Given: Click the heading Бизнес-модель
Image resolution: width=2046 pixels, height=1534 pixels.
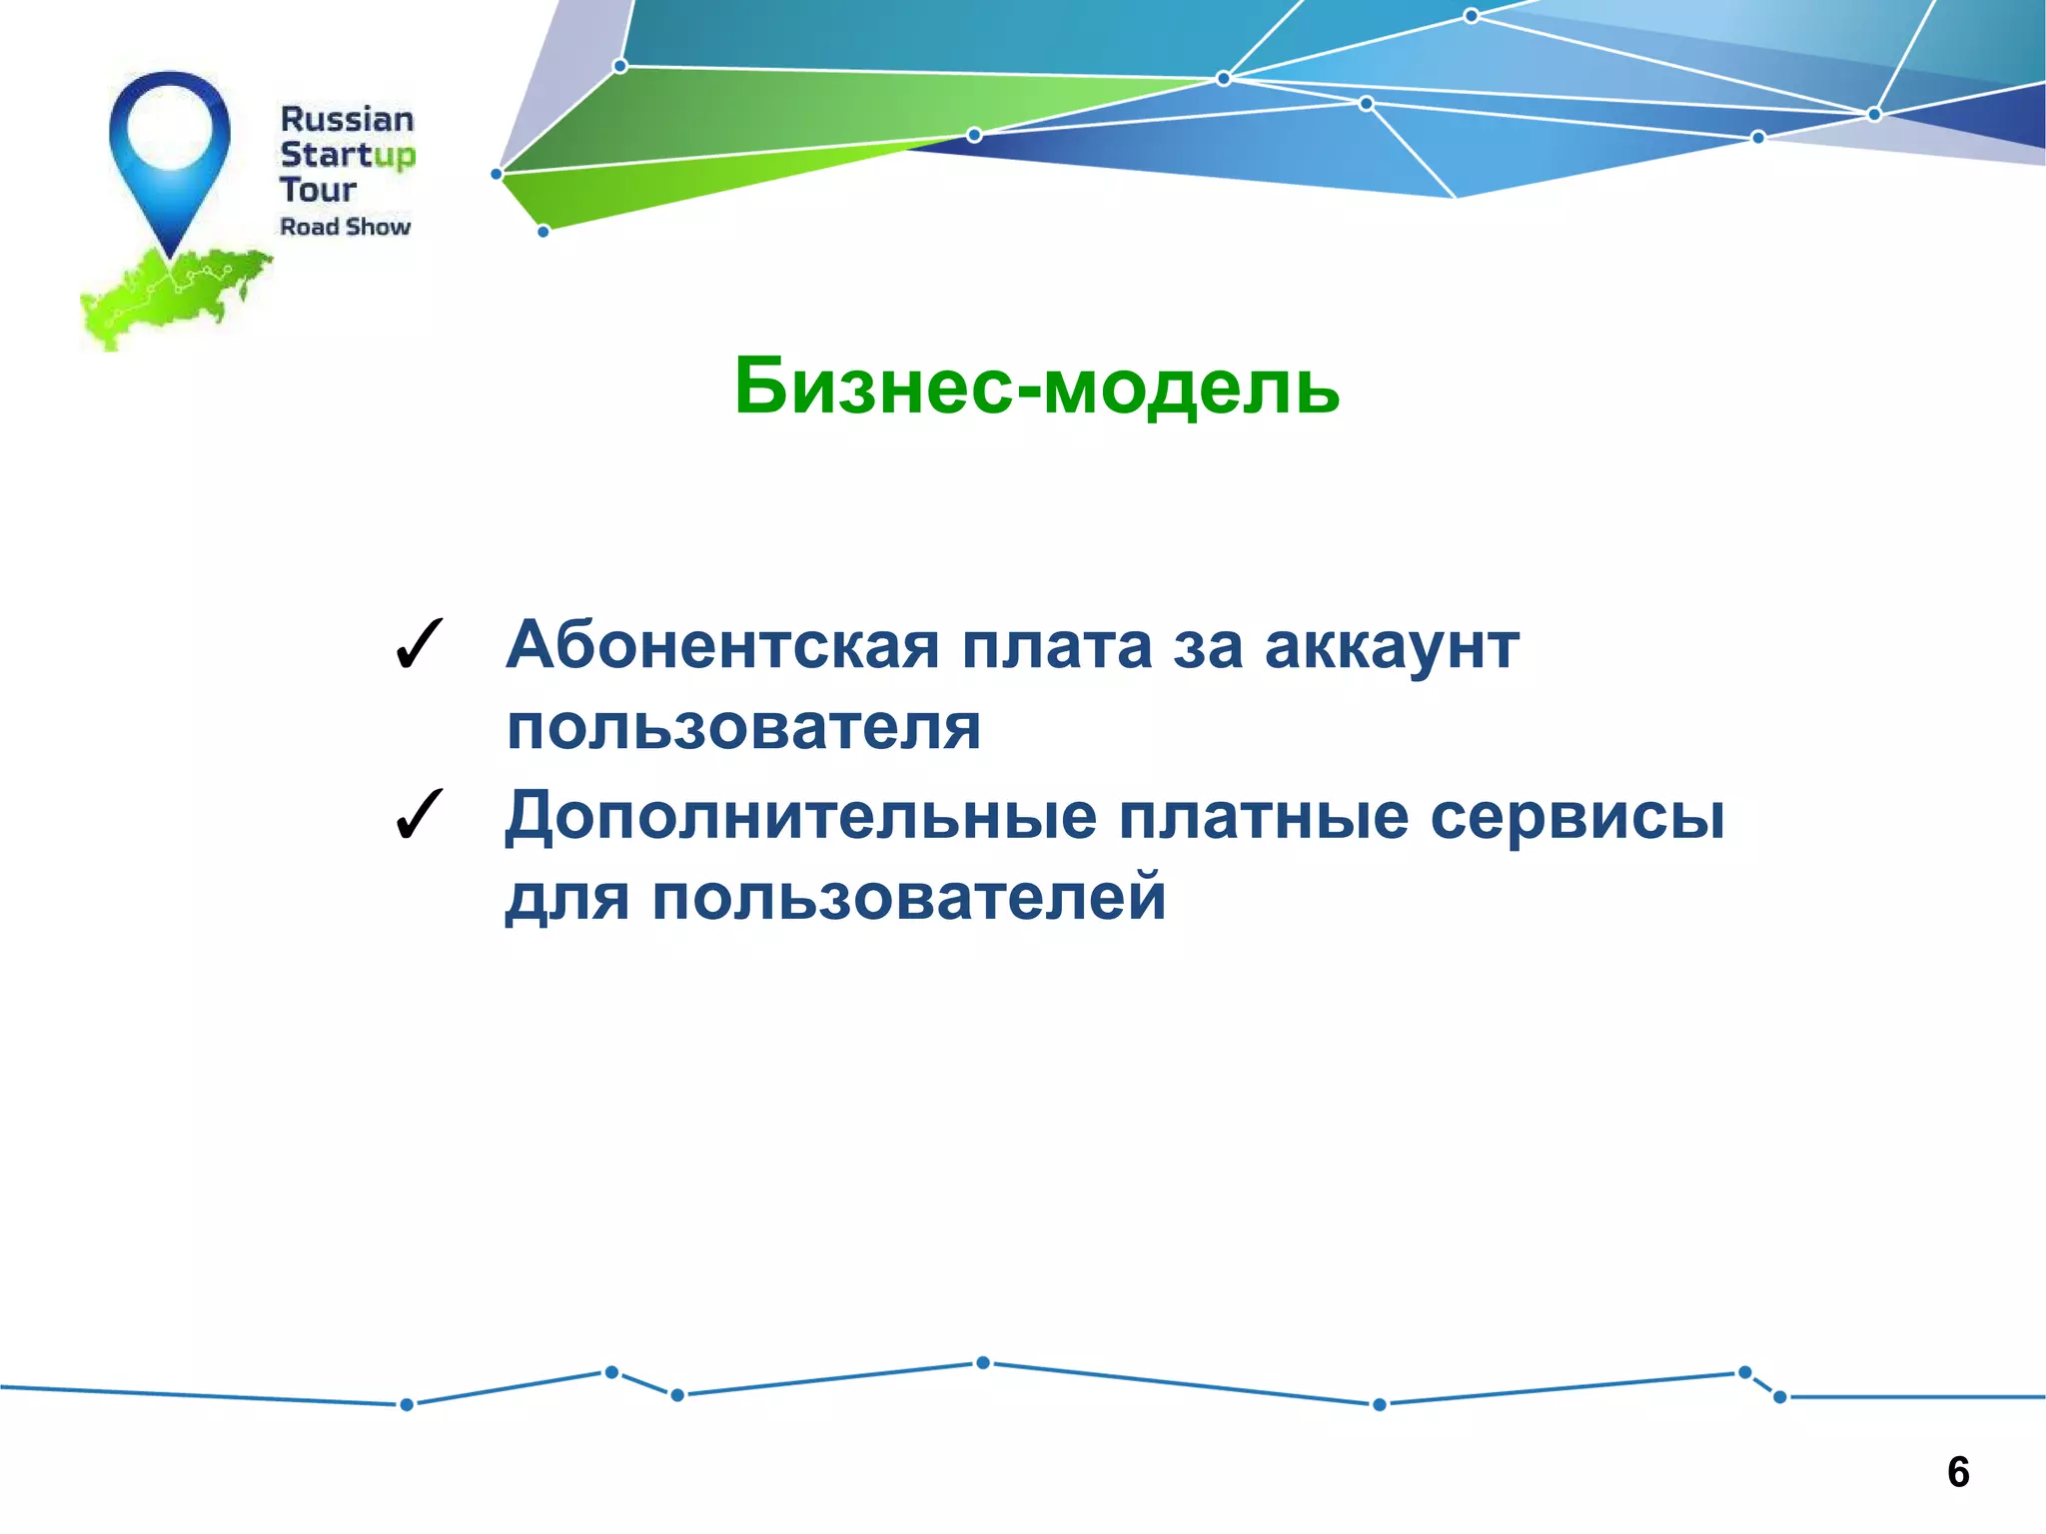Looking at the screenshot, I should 1036,386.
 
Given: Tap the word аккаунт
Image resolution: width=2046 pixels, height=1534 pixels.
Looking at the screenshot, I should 1392,647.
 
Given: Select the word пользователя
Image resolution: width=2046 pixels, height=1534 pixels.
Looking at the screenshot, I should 743,728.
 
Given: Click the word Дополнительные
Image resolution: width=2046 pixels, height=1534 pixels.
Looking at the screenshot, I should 800,817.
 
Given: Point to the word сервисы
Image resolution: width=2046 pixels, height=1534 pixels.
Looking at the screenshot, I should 1576,817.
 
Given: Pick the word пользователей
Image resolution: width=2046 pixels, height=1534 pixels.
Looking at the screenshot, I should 908,897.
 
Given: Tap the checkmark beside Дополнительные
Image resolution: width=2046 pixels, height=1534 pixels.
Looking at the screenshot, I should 419,816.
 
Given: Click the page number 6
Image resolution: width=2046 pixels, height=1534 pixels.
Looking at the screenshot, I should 1958,1472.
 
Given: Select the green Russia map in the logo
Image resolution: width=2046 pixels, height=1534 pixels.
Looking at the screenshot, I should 170,295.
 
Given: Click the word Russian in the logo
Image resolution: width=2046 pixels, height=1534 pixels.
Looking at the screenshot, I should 347,120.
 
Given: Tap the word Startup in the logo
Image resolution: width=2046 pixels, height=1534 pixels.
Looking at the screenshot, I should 347,155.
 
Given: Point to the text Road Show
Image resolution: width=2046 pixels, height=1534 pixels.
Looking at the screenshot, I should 345,227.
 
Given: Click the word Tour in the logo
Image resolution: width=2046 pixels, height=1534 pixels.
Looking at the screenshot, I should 318,190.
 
